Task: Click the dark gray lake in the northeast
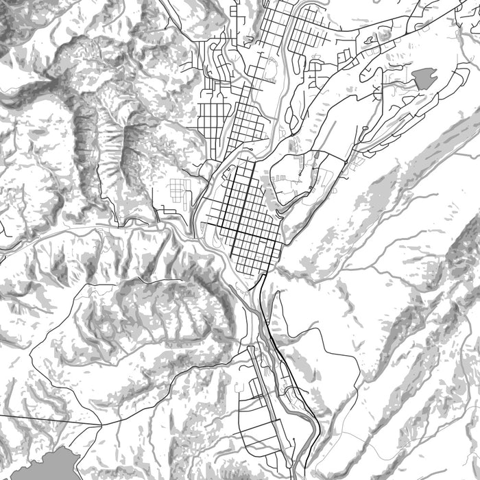424,78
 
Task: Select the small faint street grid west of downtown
179,189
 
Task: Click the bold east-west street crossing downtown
240,226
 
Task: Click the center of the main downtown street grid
243,213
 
